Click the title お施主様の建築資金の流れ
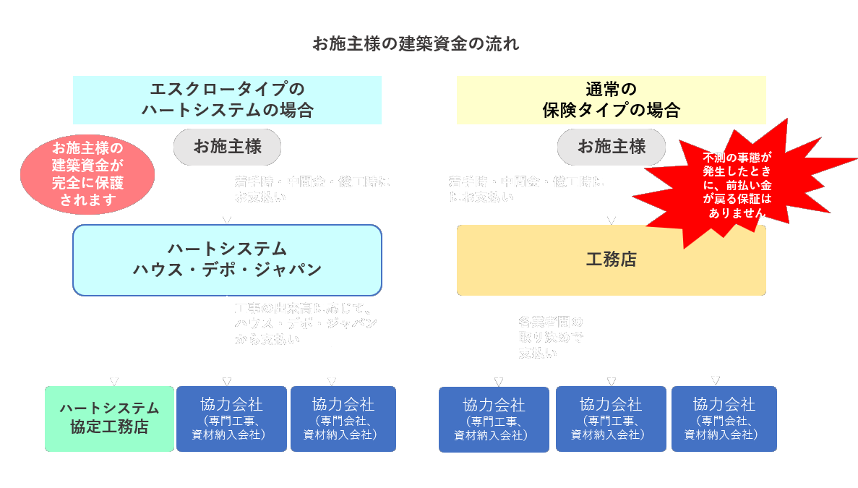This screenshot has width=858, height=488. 416,44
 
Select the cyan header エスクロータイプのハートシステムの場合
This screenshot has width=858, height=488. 227,100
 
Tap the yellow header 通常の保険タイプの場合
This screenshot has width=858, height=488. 611,100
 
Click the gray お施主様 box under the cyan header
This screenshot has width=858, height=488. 227,147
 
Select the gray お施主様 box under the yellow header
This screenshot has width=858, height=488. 611,147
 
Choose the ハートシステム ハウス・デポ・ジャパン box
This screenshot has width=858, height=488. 227,260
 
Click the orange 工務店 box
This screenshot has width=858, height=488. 611,260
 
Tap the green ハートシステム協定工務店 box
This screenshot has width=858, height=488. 109,419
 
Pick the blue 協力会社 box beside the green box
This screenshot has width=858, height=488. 231,419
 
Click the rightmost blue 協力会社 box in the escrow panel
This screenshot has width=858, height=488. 343,419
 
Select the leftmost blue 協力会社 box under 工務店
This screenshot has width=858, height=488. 494,419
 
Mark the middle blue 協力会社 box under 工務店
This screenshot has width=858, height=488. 611,419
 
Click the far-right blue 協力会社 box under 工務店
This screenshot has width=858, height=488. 724,419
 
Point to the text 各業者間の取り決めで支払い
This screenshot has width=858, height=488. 551,337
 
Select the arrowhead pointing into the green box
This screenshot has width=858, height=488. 113,381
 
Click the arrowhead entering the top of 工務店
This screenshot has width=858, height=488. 612,220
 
